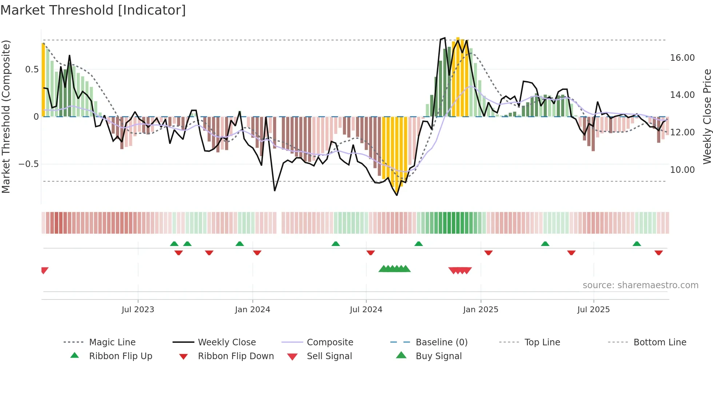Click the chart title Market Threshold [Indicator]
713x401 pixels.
click(x=93, y=10)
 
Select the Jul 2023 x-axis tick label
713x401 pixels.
click(x=138, y=310)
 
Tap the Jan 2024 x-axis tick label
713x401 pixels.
click(x=252, y=310)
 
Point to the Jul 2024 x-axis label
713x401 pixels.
click(x=366, y=310)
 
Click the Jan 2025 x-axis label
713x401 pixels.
click(x=481, y=310)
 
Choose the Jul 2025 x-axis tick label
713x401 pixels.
click(x=593, y=310)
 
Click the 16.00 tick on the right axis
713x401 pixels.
click(x=682, y=58)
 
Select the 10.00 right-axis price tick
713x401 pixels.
click(x=682, y=170)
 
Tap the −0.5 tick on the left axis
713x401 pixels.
click(x=28, y=164)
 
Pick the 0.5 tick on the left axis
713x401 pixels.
click(x=32, y=70)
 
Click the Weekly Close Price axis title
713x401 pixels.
click(x=707, y=116)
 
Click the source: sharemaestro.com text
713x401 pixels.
click(x=640, y=285)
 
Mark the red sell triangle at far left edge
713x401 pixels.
click(x=44, y=270)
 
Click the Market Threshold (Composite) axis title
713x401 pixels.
click(x=6, y=116)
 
